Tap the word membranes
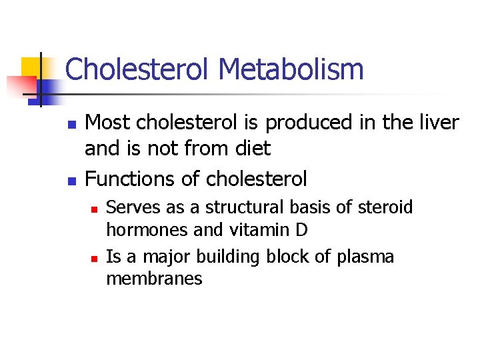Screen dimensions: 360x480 click(154, 279)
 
